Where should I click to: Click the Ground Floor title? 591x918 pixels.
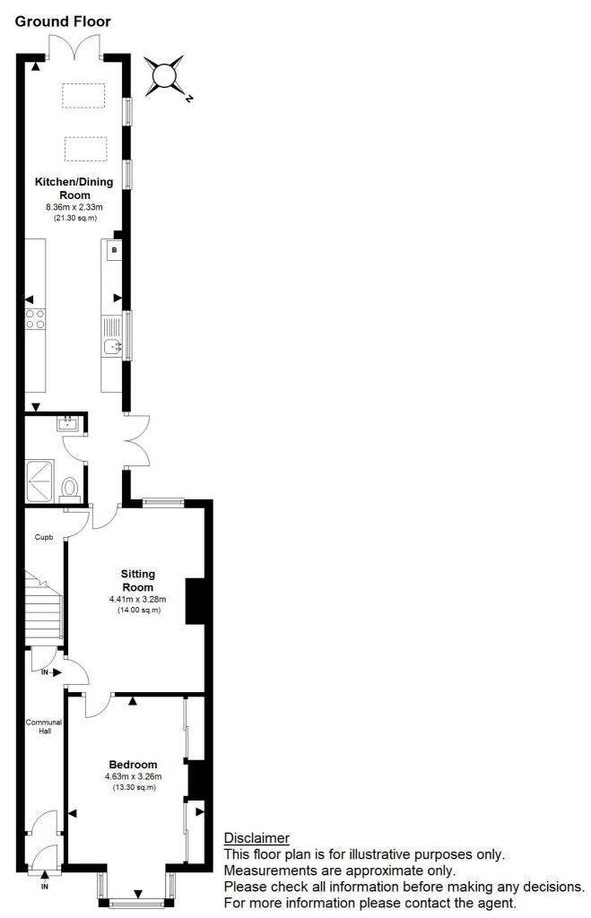pos(63,22)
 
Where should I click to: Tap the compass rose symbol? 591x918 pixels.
pos(165,75)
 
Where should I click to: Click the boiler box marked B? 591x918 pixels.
pos(114,250)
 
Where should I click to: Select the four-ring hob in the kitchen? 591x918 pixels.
pos(35,318)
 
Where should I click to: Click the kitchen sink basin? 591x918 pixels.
pos(112,347)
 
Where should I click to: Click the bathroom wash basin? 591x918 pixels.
pos(68,423)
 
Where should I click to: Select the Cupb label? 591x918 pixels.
pos(44,537)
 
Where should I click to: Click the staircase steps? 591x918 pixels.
pos(44,607)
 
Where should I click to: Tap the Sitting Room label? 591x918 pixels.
pos(137,580)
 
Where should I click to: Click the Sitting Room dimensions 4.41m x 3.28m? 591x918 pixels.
pos(137,600)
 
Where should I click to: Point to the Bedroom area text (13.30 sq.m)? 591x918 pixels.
pos(135,787)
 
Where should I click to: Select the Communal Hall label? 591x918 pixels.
pos(45,726)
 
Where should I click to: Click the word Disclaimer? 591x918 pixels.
pos(256,838)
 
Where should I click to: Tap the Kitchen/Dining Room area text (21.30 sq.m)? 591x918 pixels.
pos(74,218)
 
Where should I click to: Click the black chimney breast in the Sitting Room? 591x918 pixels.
pos(195,602)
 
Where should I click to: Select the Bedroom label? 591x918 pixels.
pos(133,764)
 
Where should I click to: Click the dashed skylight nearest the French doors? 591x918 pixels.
pos(83,96)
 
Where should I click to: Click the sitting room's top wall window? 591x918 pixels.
pos(163,502)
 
